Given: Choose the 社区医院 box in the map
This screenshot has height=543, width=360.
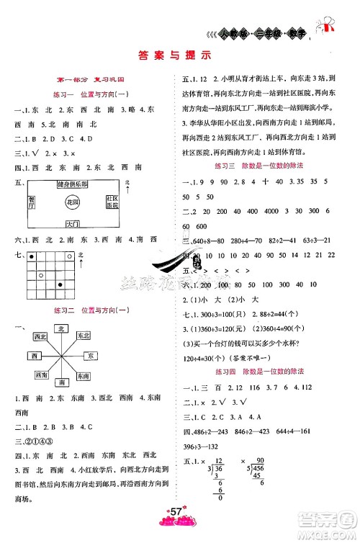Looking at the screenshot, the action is (112, 202).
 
